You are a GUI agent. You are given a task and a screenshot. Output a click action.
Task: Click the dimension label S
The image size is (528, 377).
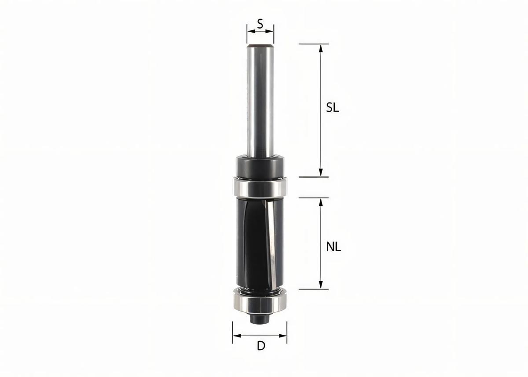260,24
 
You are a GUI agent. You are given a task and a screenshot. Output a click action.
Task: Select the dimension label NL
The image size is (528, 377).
334,247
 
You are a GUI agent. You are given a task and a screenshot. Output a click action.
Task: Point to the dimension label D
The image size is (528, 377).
261,346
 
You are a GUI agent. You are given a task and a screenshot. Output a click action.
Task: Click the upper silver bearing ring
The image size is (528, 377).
260,187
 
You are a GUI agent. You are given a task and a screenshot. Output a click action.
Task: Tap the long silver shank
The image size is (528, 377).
260,101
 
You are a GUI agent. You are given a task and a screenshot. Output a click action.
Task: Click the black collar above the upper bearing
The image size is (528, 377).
260,165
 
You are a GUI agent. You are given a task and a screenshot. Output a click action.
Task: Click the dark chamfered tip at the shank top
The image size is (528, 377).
260,45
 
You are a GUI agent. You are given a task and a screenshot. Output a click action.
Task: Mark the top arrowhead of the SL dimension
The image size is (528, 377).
321,48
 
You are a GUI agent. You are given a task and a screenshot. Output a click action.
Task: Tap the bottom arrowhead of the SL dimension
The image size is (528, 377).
321,173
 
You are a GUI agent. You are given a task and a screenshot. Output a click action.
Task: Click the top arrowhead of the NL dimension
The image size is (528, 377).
321,202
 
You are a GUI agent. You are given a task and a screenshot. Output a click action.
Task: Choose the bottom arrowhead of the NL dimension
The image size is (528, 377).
321,285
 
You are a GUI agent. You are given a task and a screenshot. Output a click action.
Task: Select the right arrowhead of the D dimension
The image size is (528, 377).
284,336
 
